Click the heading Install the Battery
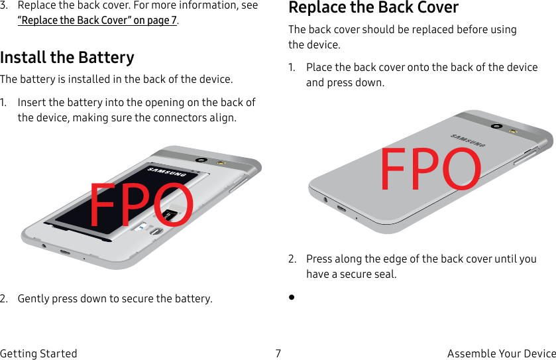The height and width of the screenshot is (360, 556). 67,58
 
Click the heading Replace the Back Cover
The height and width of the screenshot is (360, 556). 373,8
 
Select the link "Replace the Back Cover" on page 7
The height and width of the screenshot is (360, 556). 97,20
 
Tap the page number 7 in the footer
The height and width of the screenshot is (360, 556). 278,353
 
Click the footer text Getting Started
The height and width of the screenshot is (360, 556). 38,353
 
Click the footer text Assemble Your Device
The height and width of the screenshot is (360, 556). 501,353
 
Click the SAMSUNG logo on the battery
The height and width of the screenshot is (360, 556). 166,172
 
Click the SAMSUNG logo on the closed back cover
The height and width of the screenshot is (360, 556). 468,141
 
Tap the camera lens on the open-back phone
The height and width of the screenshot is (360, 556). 200,160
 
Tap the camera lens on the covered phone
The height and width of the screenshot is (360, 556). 495,126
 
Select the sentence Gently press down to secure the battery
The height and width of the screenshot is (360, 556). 115,298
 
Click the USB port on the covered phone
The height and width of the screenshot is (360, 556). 341,209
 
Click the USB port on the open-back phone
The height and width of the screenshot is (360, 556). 65,253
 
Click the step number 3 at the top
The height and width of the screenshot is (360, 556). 4,5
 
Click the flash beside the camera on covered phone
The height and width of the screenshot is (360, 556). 513,131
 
